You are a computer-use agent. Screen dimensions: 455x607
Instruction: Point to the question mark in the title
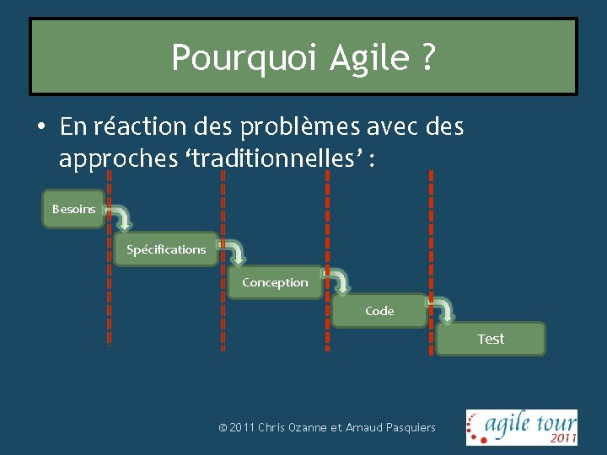tap(427, 57)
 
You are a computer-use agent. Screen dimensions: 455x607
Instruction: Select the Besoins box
tap(74, 209)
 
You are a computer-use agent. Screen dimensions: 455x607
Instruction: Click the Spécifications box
tap(165, 249)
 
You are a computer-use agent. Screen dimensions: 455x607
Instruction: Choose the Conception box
tap(275, 282)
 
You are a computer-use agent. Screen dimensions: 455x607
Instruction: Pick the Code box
tap(379, 311)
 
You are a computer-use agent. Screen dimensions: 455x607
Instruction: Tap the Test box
tap(491, 339)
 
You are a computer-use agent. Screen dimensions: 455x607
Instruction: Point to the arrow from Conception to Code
tap(339, 281)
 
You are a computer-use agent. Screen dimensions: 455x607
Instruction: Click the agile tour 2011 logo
tap(522, 426)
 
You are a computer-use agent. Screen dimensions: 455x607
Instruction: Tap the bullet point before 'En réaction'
tap(40, 127)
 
